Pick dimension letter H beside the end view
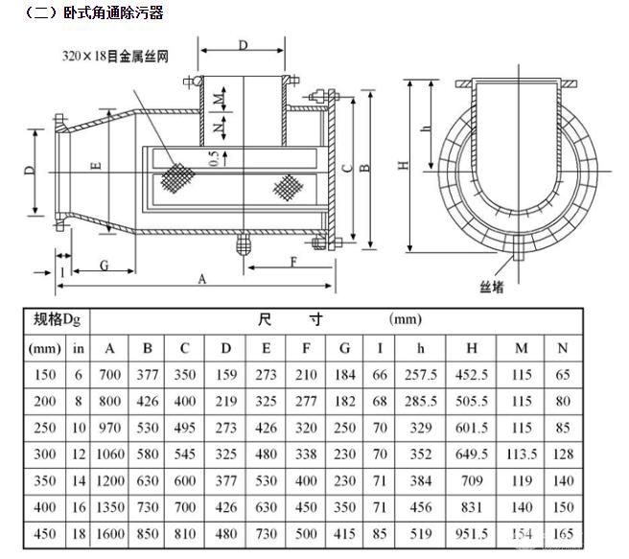click(405, 164)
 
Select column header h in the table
click(421, 347)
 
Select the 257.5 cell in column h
click(421, 374)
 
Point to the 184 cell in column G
click(344, 374)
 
